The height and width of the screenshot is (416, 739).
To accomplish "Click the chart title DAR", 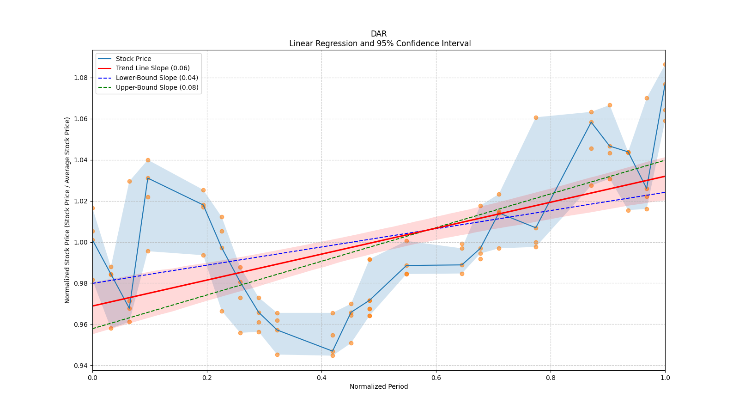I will pyautogui.click(x=378, y=34).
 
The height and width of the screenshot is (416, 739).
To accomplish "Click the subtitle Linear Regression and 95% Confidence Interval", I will pyautogui.click(x=380, y=43).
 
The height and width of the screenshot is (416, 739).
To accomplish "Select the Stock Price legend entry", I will pyautogui.click(x=133, y=59).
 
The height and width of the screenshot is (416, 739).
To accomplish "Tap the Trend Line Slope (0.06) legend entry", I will pyautogui.click(x=152, y=68).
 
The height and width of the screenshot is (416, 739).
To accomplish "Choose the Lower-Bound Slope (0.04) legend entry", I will pyautogui.click(x=157, y=78).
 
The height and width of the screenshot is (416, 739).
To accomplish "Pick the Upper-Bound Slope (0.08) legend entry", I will pyautogui.click(x=157, y=87).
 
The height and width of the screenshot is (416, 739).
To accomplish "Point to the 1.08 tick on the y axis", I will pyautogui.click(x=81, y=78).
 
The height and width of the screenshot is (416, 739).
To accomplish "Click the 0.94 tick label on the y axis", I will pyautogui.click(x=81, y=366).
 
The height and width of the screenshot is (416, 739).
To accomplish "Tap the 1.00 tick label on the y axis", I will pyautogui.click(x=81, y=242).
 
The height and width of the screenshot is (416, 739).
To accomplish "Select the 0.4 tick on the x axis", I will pyautogui.click(x=321, y=378).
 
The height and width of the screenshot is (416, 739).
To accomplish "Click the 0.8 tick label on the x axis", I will pyautogui.click(x=551, y=378).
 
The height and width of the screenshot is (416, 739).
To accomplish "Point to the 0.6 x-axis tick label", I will pyautogui.click(x=436, y=378).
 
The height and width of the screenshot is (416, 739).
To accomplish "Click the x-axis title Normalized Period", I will pyautogui.click(x=379, y=386).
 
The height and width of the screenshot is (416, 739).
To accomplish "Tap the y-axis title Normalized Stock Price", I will pyautogui.click(x=67, y=210).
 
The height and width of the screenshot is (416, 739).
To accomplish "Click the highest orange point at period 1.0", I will pyautogui.click(x=665, y=64).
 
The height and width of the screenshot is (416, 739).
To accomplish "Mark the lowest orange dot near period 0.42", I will pyautogui.click(x=333, y=355).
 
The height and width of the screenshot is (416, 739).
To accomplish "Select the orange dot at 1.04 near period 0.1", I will pyautogui.click(x=148, y=160).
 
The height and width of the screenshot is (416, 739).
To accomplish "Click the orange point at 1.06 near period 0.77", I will pyautogui.click(x=536, y=117).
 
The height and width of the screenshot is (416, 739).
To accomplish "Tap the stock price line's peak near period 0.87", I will pyautogui.click(x=591, y=122).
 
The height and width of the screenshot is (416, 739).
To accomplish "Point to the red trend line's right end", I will pyautogui.click(x=665, y=176).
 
